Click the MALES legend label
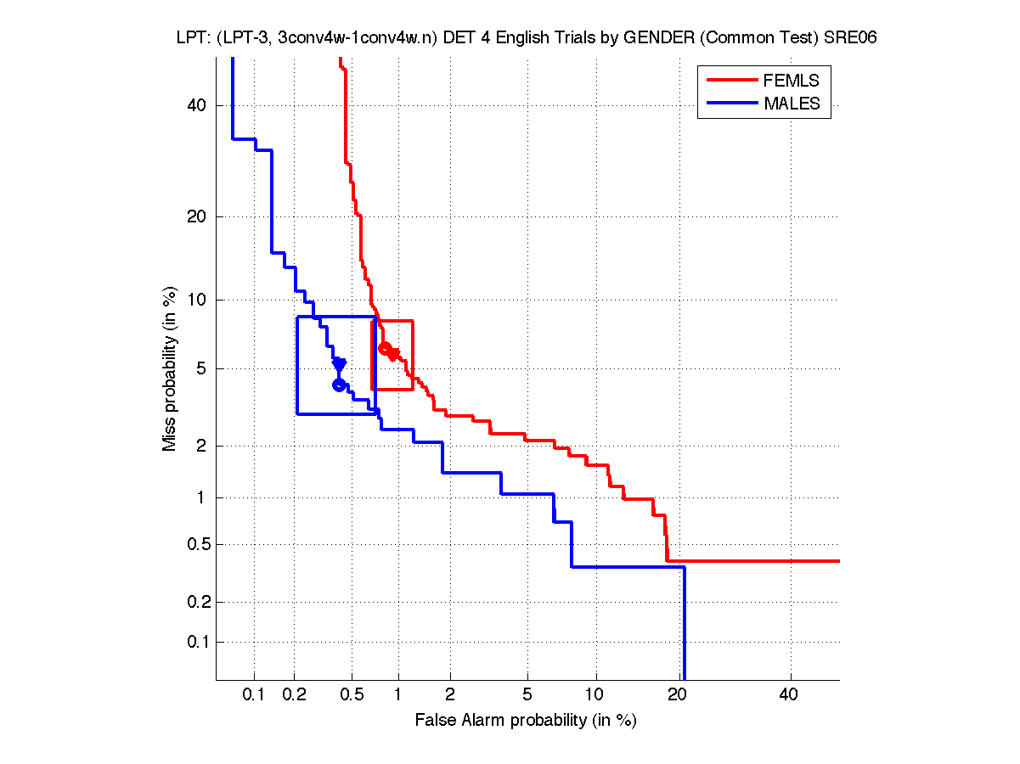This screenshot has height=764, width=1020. point(792,104)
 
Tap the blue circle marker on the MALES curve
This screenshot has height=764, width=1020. point(339,385)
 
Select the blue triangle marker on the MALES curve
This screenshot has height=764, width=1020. point(339,364)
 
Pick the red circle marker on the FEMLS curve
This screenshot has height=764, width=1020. point(385,348)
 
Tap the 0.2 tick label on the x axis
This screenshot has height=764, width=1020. point(294,695)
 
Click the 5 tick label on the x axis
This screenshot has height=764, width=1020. point(527,695)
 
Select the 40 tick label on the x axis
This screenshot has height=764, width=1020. point(790,695)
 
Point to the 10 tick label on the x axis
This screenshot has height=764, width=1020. point(596,695)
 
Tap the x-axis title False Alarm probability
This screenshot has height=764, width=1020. point(526,721)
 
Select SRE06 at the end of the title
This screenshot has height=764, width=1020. point(850,37)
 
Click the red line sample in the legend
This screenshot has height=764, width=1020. point(731,80)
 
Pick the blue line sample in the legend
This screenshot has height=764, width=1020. point(731,104)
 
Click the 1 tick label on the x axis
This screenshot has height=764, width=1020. point(397,695)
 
